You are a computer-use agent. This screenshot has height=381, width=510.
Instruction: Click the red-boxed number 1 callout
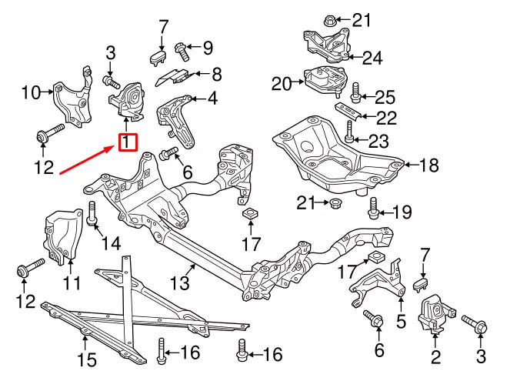(126, 142)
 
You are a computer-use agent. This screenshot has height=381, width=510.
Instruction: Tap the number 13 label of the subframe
(178, 283)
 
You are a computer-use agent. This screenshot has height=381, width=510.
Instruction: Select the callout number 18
(428, 165)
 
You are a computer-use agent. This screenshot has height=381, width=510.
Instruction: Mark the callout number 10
(30, 93)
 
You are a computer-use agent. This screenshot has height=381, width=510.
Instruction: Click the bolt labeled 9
(183, 48)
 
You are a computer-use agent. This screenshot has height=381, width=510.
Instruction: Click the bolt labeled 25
(355, 95)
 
